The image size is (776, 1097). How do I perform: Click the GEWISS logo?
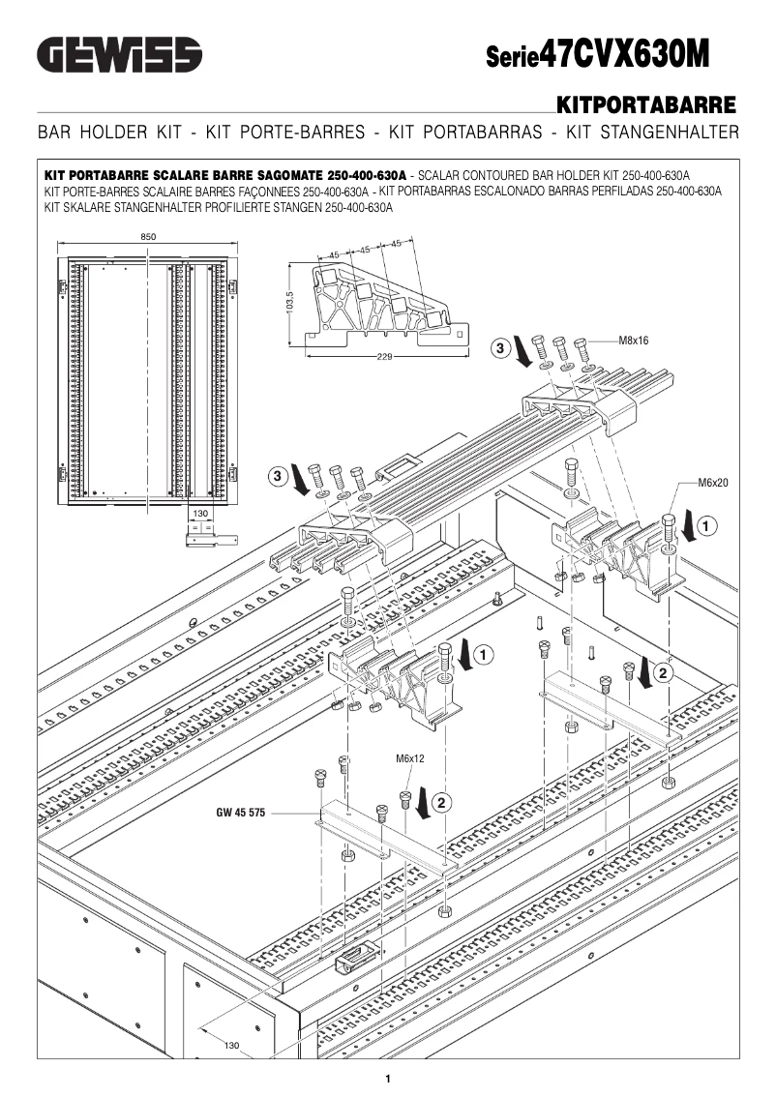click(x=119, y=54)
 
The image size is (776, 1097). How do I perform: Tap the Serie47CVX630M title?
click(x=597, y=54)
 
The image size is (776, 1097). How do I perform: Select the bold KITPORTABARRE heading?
click(x=646, y=104)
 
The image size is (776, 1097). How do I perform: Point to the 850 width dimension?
click(x=148, y=237)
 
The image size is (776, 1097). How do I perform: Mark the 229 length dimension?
click(x=386, y=357)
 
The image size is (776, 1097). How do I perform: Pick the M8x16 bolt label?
click(x=635, y=341)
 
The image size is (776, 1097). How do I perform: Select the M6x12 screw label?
click(x=410, y=758)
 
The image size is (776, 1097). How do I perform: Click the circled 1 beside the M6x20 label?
click(x=706, y=526)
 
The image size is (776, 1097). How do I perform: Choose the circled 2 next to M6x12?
click(x=441, y=802)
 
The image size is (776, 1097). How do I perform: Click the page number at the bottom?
click(x=387, y=1079)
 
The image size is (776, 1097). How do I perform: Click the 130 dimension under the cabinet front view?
click(x=201, y=513)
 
